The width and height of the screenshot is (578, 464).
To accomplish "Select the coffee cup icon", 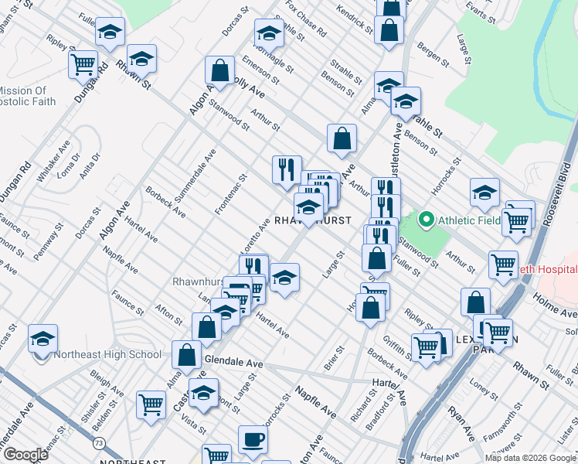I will (x=253, y=440).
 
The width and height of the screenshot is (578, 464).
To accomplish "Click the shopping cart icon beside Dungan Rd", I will (x=83, y=64).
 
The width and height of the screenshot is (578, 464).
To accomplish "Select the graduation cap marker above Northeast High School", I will (x=43, y=338).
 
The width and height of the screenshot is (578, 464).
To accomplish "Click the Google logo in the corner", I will (x=25, y=455).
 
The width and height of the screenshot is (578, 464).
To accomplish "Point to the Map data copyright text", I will (x=531, y=458).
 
